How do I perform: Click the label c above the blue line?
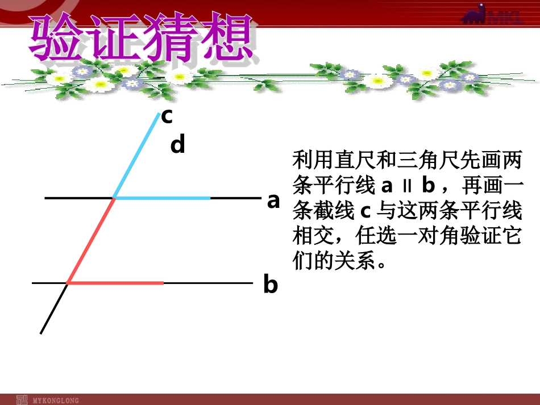(x=167, y=116)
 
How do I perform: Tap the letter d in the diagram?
(x=178, y=145)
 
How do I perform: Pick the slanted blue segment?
(x=136, y=156)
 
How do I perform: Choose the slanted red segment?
(x=91, y=240)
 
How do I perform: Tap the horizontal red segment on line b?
(x=116, y=282)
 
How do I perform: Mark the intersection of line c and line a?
(x=114, y=198)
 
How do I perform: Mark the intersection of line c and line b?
(x=68, y=282)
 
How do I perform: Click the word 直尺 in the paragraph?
(x=349, y=161)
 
